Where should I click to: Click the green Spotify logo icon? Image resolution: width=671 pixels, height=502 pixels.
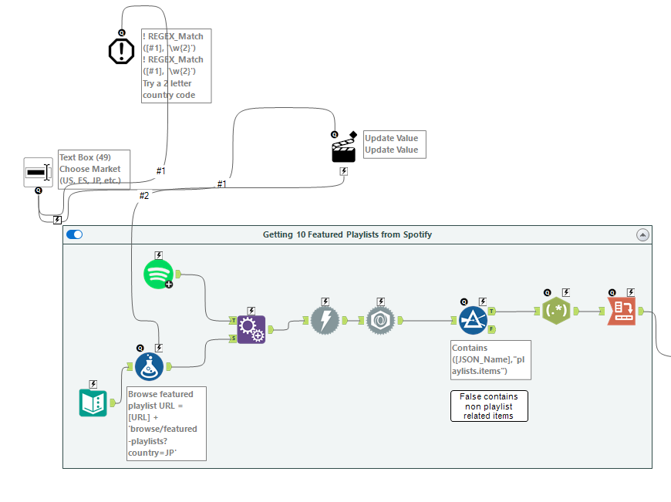157,274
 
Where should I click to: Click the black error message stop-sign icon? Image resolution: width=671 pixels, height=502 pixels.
121,51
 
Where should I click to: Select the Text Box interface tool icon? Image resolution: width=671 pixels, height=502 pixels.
37,172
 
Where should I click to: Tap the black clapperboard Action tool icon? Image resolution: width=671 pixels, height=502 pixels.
343,150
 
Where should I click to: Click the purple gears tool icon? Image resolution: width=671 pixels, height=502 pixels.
251,329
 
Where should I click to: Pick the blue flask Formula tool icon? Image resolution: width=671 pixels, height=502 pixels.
149,367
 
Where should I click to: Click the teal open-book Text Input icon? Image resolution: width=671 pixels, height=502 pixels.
93,403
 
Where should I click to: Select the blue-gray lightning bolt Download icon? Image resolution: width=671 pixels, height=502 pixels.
325,320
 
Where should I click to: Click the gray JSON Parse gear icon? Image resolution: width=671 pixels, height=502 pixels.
379,320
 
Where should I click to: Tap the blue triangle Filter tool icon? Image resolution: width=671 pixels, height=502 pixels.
472,320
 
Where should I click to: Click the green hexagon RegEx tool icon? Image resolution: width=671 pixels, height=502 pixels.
556,312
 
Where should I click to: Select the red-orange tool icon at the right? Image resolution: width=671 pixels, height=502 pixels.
622,312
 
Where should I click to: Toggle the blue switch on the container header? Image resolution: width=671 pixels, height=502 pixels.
75,234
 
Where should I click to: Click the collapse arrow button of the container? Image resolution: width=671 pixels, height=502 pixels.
642,234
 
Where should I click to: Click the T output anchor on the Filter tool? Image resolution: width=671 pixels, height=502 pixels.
491,312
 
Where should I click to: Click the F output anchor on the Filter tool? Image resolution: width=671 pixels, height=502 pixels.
491,329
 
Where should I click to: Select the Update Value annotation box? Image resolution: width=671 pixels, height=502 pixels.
393,144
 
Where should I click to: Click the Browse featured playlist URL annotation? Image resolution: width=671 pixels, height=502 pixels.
167,423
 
